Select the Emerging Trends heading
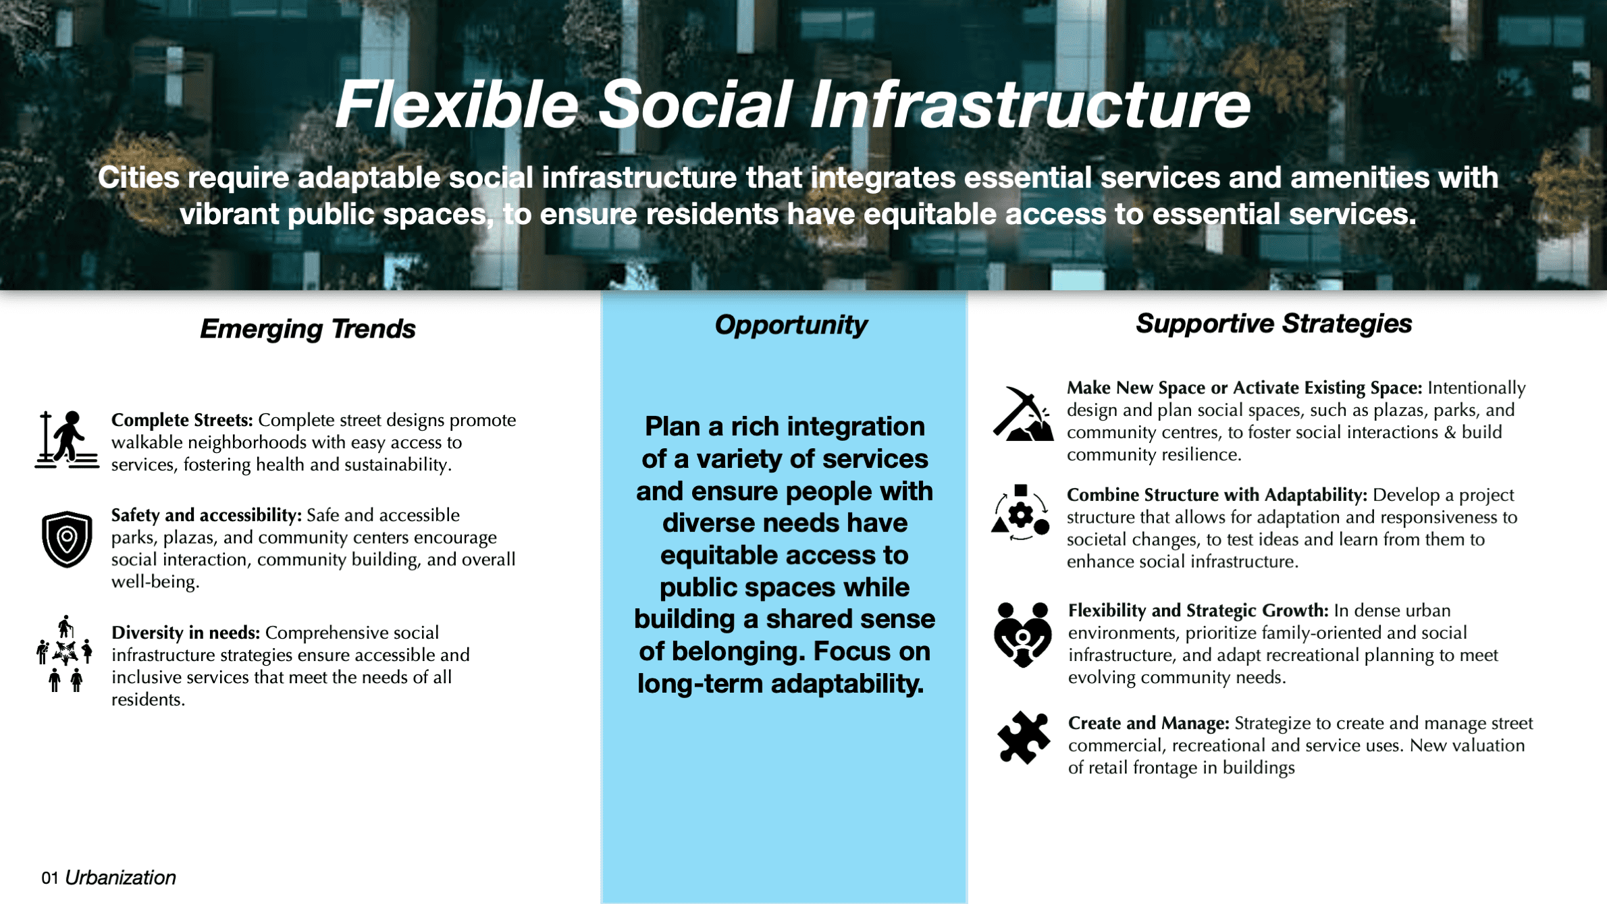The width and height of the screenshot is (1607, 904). point(307,329)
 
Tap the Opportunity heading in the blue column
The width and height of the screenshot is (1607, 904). point(791,325)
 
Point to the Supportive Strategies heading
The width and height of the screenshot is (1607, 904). point(1273,323)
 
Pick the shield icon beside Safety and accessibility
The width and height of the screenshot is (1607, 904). point(67,539)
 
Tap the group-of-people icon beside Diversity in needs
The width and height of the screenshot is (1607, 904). point(65,654)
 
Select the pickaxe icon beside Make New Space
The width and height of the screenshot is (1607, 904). point(1022,414)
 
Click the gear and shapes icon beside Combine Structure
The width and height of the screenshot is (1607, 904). point(1021,513)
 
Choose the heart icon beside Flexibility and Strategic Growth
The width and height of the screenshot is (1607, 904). point(1022,634)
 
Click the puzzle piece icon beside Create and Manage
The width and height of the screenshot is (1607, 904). point(1024,738)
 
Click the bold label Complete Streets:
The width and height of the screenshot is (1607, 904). point(182,420)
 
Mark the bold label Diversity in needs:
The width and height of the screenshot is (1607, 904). point(186,633)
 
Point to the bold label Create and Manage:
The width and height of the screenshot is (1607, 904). point(1148,723)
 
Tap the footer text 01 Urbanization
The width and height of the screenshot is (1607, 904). point(108,878)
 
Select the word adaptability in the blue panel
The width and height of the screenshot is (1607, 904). point(847,684)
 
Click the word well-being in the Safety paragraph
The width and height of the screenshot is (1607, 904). point(155,581)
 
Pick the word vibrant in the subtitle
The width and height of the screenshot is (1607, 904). point(229,214)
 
